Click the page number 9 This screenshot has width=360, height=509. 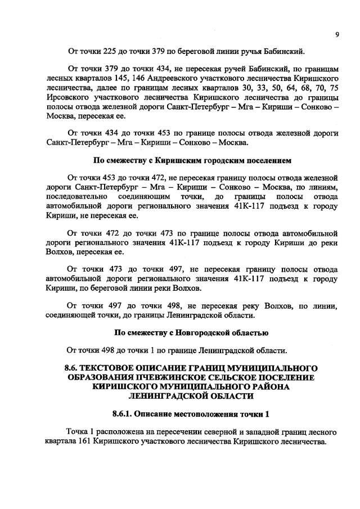coord(336,35)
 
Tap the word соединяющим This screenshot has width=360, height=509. coord(142,197)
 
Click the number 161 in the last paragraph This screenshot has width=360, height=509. coord(87,441)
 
